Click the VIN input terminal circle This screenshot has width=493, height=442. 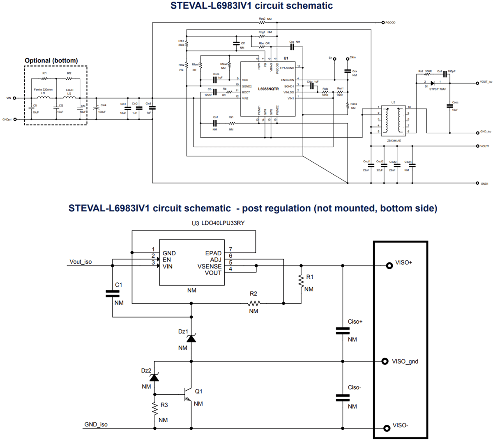click(x=15, y=98)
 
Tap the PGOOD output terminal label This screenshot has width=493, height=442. click(x=390, y=23)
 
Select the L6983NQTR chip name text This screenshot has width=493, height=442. click(x=268, y=89)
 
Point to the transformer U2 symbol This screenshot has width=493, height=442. click(x=393, y=120)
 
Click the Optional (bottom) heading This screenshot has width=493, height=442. click(x=51, y=60)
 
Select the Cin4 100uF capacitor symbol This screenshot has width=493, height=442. click(x=97, y=109)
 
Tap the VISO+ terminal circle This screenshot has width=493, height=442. click(x=389, y=266)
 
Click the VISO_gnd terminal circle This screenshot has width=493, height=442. click(x=385, y=361)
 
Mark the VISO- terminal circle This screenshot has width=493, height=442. click(x=387, y=428)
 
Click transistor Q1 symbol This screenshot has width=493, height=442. click(x=188, y=394)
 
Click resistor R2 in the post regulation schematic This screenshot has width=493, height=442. click(x=253, y=303)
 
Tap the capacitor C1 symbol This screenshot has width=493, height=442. click(x=113, y=293)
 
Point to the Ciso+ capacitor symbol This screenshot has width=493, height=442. click(x=343, y=330)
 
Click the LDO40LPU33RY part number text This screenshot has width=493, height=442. click(x=223, y=223)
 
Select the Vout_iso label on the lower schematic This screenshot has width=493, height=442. click(x=81, y=261)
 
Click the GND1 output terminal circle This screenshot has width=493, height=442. click(x=477, y=183)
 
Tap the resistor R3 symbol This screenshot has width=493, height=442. click(x=155, y=408)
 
